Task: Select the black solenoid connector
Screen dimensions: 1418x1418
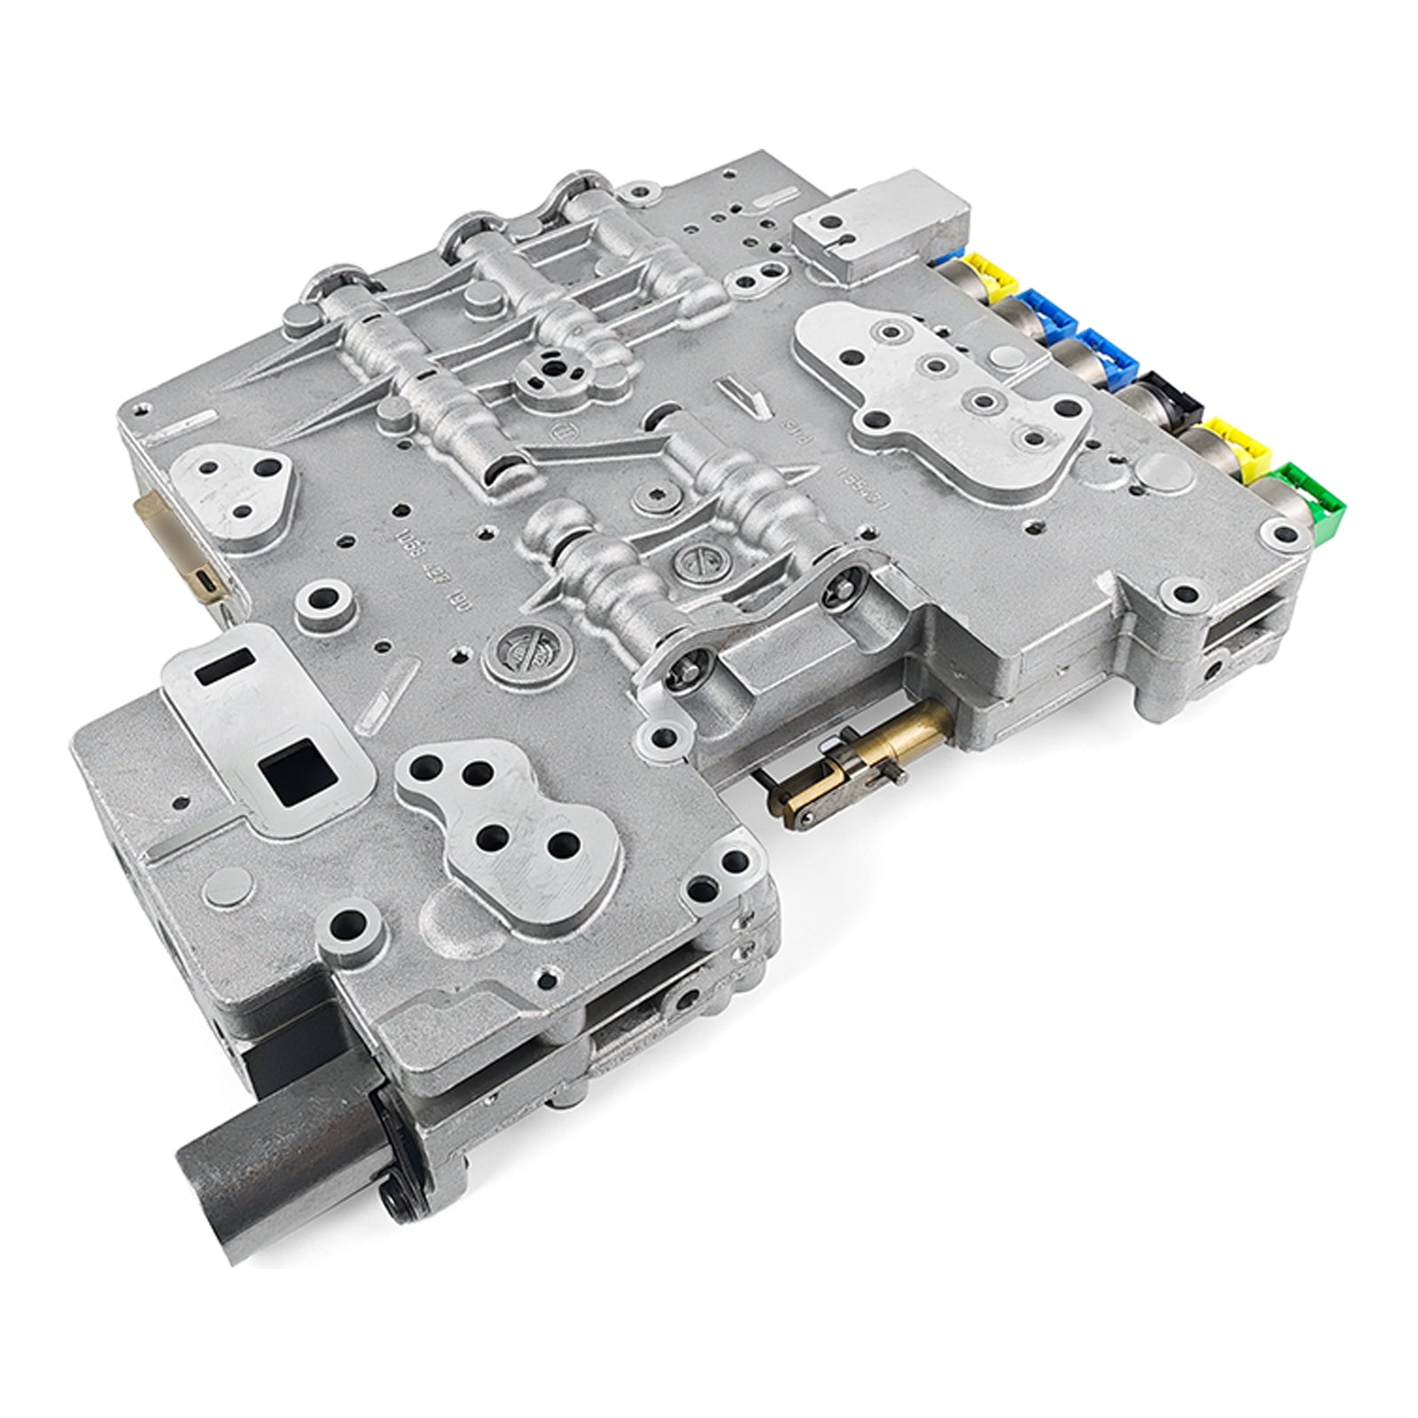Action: point(1170,397)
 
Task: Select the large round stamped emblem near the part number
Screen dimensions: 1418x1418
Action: point(522,656)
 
